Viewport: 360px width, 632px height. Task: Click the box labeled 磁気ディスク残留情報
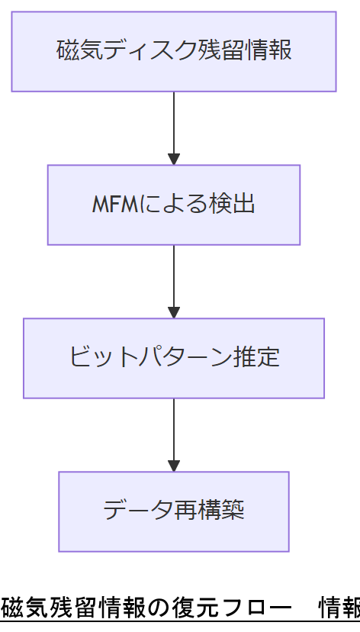coord(174,51)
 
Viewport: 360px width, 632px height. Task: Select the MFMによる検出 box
coord(174,205)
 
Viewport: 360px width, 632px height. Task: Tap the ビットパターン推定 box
coord(174,358)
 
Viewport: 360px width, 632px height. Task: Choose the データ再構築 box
coord(174,511)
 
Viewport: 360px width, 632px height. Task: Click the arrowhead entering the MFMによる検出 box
coord(174,160)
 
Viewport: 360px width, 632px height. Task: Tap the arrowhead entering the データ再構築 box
coord(174,466)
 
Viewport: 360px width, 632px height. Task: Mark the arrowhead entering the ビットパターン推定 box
coord(174,312)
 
